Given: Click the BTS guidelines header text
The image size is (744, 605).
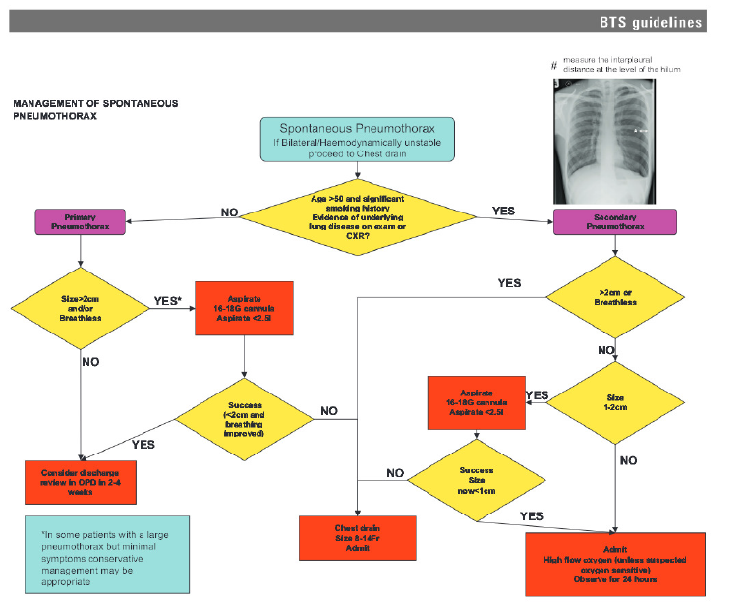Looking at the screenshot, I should coord(651,22).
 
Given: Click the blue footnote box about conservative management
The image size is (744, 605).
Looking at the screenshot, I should coord(106,555).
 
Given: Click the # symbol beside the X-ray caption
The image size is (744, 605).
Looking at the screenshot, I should coord(554,66).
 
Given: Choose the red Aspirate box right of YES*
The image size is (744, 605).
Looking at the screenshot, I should coord(244,309).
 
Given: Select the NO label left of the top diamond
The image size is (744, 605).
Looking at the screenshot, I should coord(229,212).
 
